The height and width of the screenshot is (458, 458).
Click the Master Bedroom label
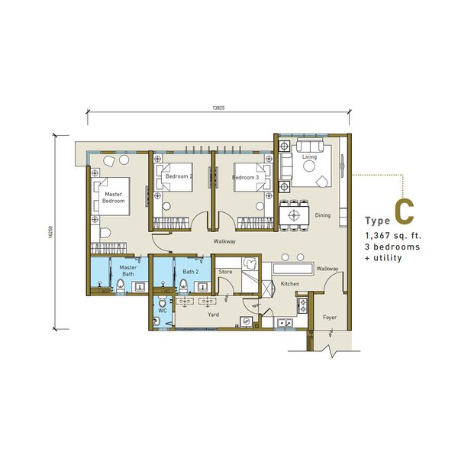coord(113,198)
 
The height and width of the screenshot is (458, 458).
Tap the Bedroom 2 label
coord(179,176)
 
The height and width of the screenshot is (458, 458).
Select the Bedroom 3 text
coord(245,177)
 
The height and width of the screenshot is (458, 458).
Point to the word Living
coord(309,156)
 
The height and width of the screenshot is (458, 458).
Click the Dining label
coord(323,215)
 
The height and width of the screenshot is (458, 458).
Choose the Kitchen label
coord(290,284)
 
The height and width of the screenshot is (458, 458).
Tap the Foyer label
coord(330,318)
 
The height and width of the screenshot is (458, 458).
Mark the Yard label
coord(214,314)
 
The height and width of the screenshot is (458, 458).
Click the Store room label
coord(225,272)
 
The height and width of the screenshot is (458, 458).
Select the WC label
coord(163,311)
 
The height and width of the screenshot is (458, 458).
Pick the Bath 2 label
coord(190,272)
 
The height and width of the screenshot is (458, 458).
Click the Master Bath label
coord(128,271)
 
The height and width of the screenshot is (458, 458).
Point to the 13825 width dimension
coord(218,108)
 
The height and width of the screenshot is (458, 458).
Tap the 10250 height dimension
coord(51,232)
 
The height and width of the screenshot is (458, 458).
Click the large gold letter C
coord(405,212)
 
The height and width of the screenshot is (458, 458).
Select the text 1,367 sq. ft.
coord(393,236)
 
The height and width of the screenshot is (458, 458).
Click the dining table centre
coord(294,215)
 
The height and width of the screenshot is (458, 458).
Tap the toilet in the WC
coord(163,302)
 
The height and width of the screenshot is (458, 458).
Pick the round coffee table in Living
coord(309,166)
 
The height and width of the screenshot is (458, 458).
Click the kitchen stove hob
coord(302,305)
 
